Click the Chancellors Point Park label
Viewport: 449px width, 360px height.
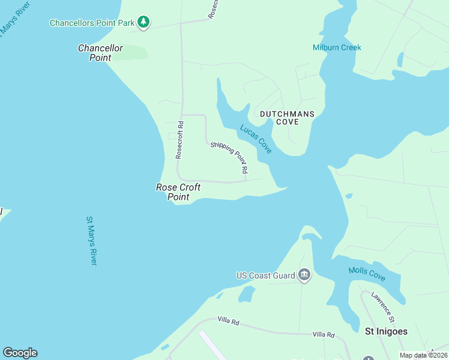click(x=91, y=23)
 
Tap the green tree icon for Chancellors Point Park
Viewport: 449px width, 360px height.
click(x=143, y=22)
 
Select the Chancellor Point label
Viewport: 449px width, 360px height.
click(x=100, y=53)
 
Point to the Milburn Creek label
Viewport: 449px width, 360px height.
click(x=337, y=47)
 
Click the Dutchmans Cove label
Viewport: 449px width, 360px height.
click(x=287, y=117)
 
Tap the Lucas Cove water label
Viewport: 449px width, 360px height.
click(x=256, y=139)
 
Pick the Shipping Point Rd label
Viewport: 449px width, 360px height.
click(x=229, y=158)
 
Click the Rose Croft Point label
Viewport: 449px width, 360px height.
click(x=178, y=192)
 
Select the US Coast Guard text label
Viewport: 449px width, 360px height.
click(x=265, y=275)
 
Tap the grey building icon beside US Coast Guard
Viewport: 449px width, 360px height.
click(x=304, y=275)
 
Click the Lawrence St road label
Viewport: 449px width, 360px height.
click(x=382, y=304)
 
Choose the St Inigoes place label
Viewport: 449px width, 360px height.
click(x=387, y=331)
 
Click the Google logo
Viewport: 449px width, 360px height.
click(x=20, y=353)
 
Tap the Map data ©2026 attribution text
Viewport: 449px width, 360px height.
click(x=423, y=355)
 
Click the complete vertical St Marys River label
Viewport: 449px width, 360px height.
click(x=92, y=241)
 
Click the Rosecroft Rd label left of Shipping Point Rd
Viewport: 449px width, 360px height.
click(x=179, y=140)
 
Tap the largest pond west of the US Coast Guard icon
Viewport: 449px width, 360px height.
click(x=247, y=294)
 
